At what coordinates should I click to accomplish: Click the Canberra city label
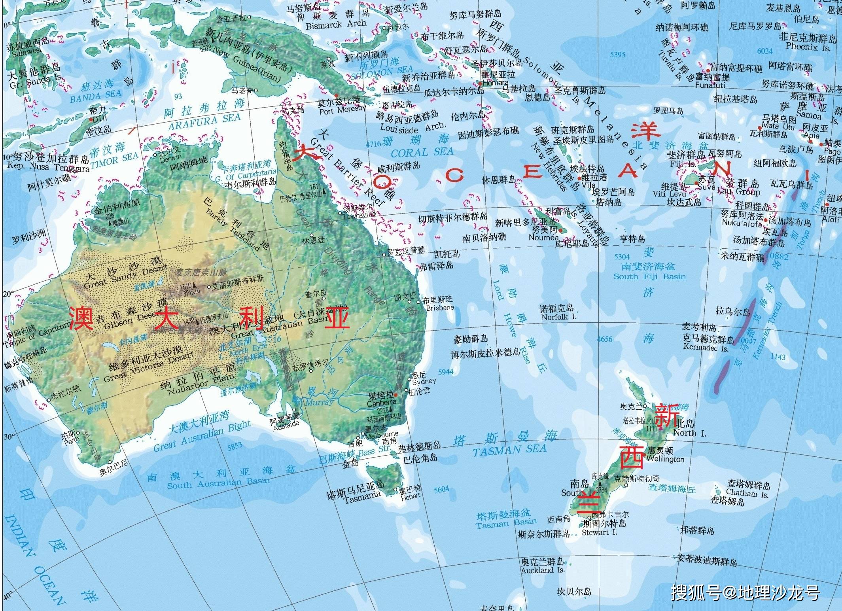tap(381, 403)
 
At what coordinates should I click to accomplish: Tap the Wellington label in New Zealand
tap(666, 459)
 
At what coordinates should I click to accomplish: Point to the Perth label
tap(72, 441)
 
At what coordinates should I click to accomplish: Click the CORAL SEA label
tap(422, 152)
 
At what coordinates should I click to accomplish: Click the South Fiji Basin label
tap(649, 276)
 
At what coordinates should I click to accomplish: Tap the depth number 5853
tap(235, 446)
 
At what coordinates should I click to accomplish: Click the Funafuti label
tap(710, 85)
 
